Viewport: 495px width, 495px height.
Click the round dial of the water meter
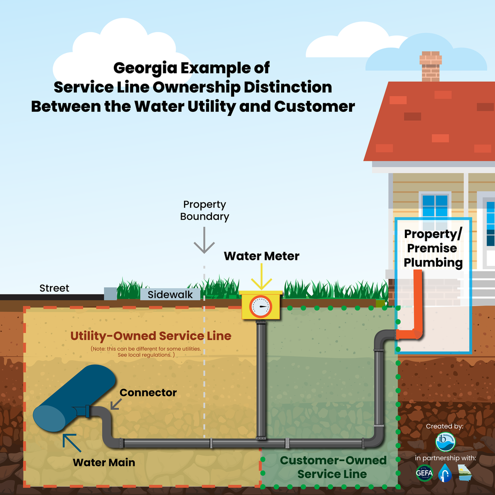(x=261, y=307)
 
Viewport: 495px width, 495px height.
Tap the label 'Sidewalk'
(x=170, y=295)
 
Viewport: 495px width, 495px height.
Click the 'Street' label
(x=54, y=288)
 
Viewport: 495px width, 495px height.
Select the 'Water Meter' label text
(x=261, y=256)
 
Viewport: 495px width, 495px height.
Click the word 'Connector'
(x=148, y=393)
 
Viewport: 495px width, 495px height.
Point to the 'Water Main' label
(x=104, y=463)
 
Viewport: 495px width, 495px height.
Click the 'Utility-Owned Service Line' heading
(x=150, y=336)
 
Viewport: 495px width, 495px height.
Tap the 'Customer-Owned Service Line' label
(x=333, y=467)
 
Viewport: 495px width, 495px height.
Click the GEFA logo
(x=425, y=474)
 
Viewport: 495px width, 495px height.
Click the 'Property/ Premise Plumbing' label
(x=433, y=248)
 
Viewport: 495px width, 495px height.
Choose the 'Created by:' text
(x=445, y=426)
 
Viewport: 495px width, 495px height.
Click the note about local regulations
(x=146, y=352)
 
